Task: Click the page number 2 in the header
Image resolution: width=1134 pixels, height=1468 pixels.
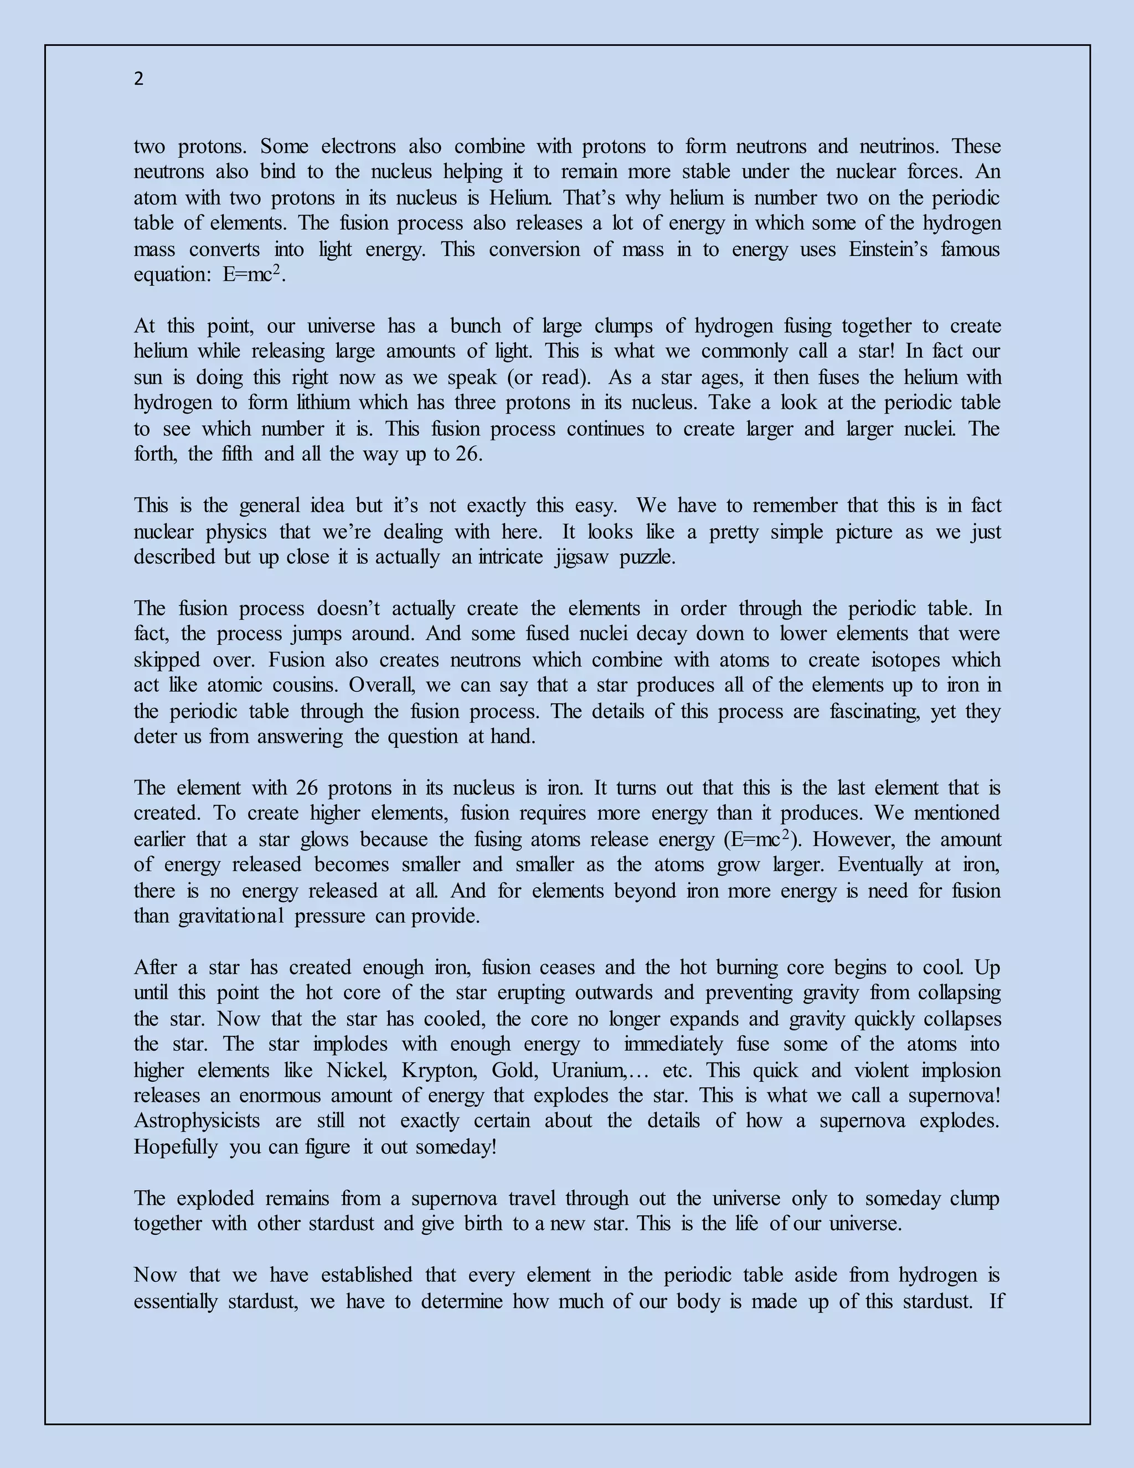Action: pyautogui.click(x=138, y=79)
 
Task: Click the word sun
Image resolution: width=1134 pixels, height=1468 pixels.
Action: pyautogui.click(x=148, y=377)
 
